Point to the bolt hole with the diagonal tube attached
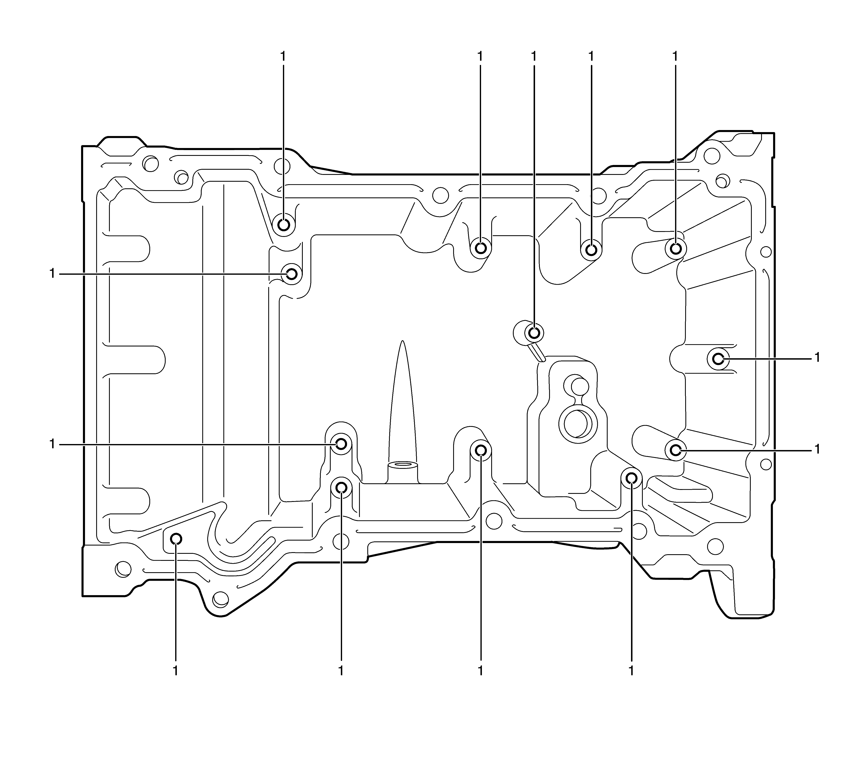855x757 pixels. (x=534, y=333)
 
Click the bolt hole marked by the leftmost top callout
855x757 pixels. (x=284, y=225)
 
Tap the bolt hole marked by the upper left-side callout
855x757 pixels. (x=292, y=274)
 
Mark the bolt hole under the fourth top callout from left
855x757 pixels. (x=591, y=250)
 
